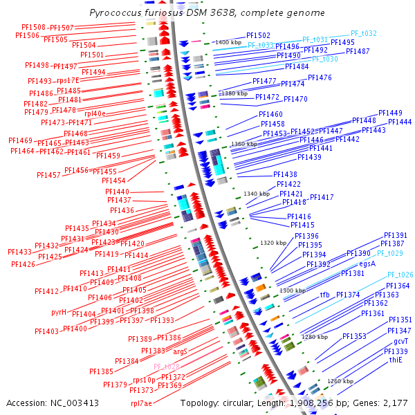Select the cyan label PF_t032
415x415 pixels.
point(363,33)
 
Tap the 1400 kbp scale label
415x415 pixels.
point(228,43)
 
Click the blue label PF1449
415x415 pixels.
point(390,113)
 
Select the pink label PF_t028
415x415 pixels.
point(167,367)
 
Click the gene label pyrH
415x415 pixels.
point(59,312)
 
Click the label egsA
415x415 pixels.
point(367,264)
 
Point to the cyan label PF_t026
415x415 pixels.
point(400,275)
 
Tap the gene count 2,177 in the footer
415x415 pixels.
point(395,403)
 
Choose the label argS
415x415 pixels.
point(181,351)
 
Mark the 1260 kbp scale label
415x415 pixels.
point(340,381)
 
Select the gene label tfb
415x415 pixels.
point(324,295)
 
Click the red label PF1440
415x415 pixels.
point(117,192)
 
